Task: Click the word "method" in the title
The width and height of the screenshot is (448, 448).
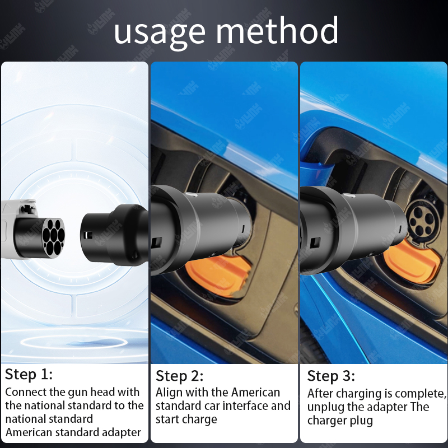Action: point(277,30)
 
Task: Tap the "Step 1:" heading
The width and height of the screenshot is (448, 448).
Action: point(29,374)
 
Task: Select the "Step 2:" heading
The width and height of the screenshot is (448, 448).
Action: point(179,376)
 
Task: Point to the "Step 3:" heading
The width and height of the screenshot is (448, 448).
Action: point(331,376)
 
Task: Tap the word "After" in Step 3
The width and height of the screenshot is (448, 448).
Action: point(319,394)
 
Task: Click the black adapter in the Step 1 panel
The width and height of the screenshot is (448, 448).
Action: point(114,235)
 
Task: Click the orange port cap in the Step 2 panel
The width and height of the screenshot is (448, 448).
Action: point(218,275)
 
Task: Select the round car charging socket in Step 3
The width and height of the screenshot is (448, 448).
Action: point(422,221)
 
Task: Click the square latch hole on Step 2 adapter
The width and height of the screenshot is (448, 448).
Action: point(157,243)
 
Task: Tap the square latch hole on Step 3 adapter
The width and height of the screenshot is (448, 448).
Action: point(315,243)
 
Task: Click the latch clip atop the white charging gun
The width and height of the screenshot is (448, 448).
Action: point(27,208)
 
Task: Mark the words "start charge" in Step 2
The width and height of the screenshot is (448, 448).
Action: point(186,419)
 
